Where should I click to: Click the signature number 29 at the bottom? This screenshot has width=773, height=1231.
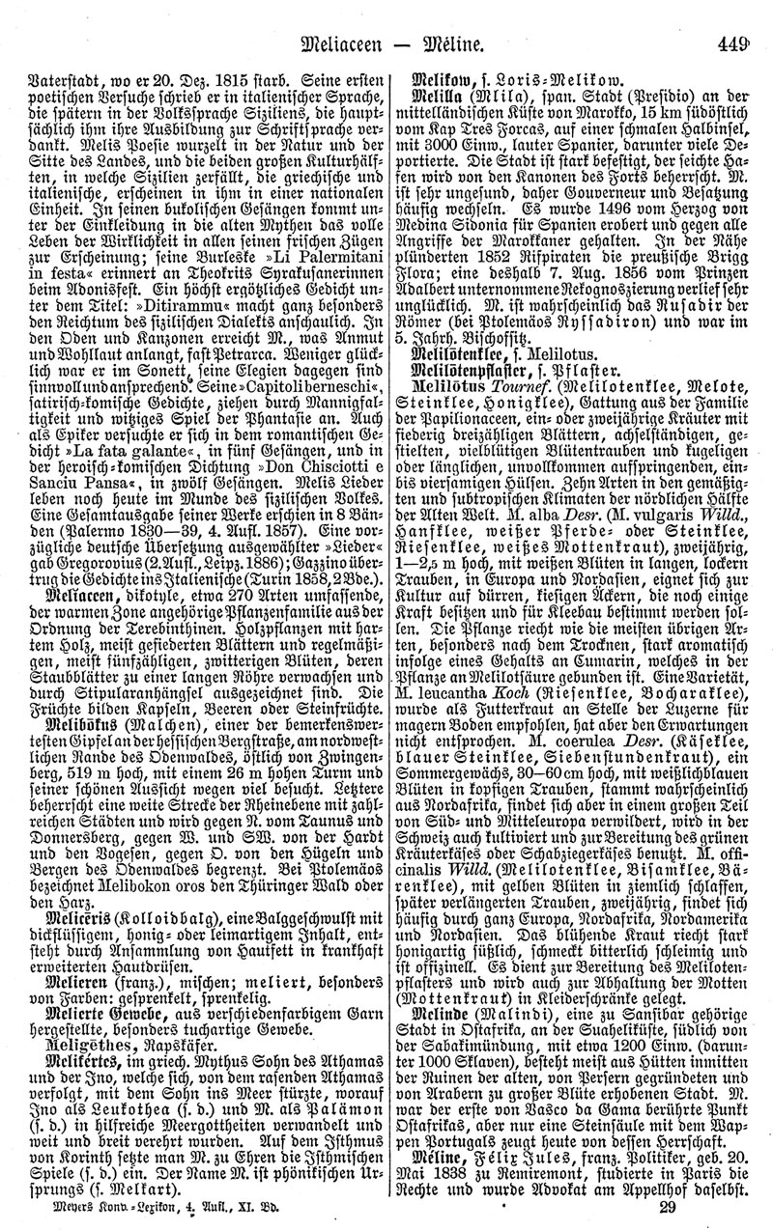click(666, 1210)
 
